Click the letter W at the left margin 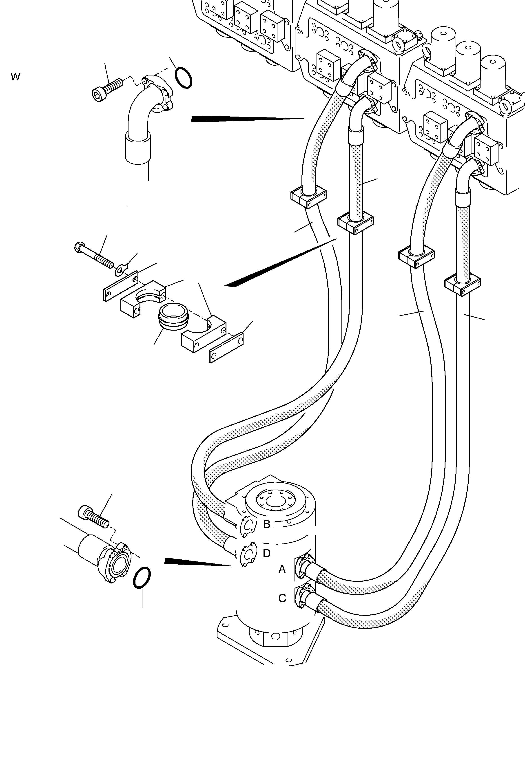pos(15,77)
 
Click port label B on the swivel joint pos(266,524)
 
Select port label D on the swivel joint pos(266,554)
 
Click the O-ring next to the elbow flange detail pos(184,78)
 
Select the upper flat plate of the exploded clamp pos(120,286)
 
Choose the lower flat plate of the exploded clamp pos(226,348)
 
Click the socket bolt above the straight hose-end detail pos(93,517)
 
